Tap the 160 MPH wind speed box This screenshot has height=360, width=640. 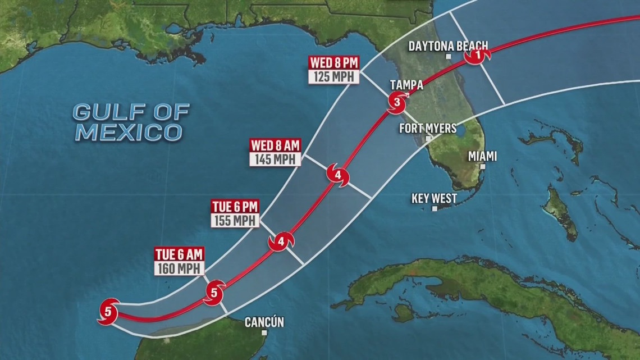tap(180, 268)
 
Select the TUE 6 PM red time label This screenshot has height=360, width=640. tap(235, 206)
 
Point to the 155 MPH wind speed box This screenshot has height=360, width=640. tap(235, 220)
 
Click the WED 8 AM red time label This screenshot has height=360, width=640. tap(275, 145)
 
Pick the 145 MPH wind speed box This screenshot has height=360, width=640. tap(275, 160)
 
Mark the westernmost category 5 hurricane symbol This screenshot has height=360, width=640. tap(108, 311)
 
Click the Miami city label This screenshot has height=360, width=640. tap(482, 156)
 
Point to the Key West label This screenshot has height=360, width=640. tap(434, 198)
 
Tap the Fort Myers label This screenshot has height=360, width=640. tap(428, 128)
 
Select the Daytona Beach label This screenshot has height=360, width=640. tap(448, 45)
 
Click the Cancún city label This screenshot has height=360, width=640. tap(264, 322)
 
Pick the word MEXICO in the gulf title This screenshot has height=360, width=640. tap(129, 133)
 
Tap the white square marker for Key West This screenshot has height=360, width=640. tap(435, 208)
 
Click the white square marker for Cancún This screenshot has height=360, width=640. tap(264, 332)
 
